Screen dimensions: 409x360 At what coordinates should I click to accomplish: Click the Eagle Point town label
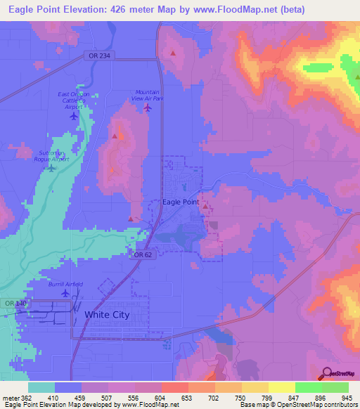pos(181,202)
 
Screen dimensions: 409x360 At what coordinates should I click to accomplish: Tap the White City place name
pos(107,315)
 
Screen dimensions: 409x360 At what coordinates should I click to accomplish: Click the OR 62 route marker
pos(143,255)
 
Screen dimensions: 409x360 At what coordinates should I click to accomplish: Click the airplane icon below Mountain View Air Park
pos(147,108)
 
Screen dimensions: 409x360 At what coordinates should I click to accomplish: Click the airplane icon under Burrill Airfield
pos(65,294)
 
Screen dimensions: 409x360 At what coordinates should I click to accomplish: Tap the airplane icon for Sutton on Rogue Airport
pos(51,167)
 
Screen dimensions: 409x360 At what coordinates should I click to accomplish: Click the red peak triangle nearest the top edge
pos(173,53)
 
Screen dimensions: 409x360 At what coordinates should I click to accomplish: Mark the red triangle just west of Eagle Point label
pos(131,219)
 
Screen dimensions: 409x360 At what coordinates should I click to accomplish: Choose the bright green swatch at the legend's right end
pos(335,387)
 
